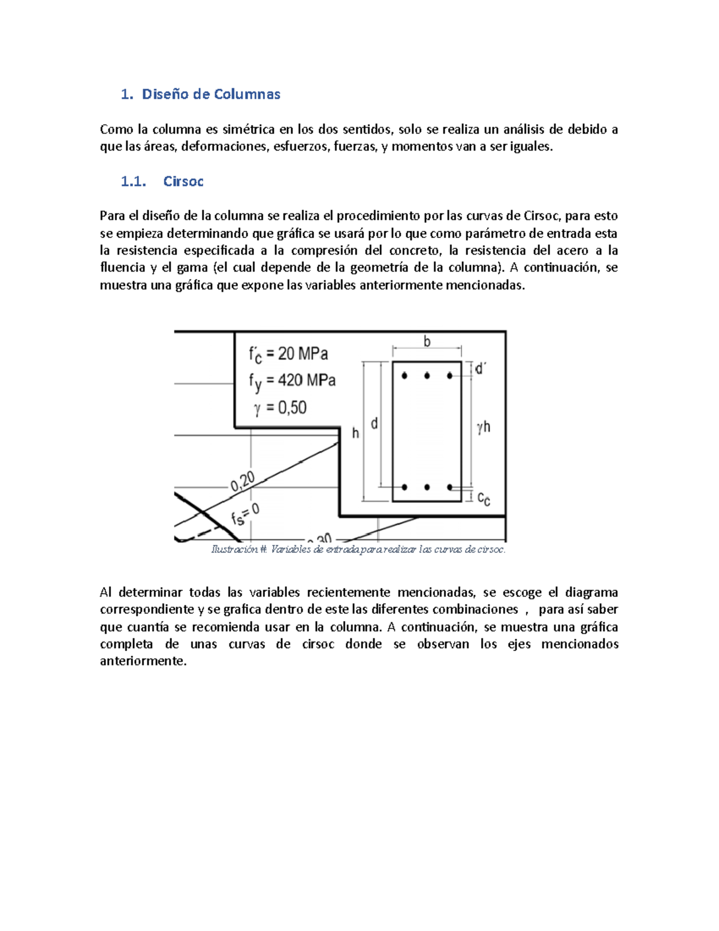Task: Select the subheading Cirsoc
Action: [x=183, y=182]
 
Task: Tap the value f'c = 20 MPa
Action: [x=288, y=354]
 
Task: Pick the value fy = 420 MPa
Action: [x=292, y=381]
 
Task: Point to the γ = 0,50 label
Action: [x=280, y=408]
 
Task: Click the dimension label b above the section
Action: [x=427, y=342]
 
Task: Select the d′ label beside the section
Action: [x=480, y=369]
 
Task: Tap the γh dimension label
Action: [x=484, y=427]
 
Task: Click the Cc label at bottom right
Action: [x=484, y=498]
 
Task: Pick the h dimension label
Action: [x=355, y=433]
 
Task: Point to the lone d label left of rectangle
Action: [x=374, y=424]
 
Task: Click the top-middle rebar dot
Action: [x=427, y=376]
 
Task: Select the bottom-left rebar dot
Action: [x=405, y=487]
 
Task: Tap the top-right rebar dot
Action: [x=449, y=376]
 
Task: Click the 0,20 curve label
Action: [x=243, y=481]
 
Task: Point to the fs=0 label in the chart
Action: [x=245, y=514]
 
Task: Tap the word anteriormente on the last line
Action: [x=143, y=661]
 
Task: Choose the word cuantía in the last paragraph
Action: [x=147, y=627]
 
